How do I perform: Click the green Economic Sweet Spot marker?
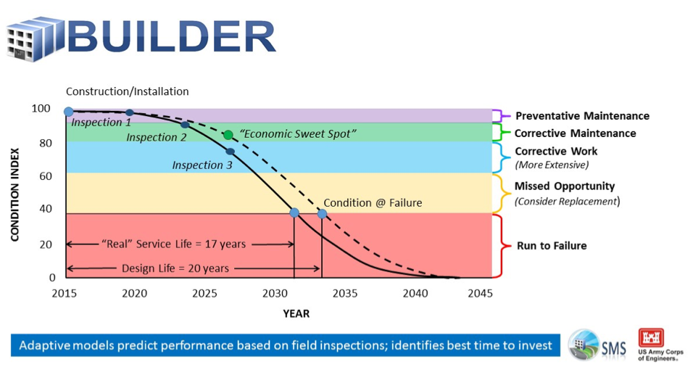[228, 135]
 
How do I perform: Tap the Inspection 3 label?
[202, 165]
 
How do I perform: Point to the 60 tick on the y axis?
[46, 176]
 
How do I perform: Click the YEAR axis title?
[296, 313]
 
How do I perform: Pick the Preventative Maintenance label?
[581, 116]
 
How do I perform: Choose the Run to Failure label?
[551, 246]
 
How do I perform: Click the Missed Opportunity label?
[564, 186]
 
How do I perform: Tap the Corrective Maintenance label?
[575, 133]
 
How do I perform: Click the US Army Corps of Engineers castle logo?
[650, 338]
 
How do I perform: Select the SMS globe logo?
[584, 344]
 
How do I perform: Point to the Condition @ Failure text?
[372, 203]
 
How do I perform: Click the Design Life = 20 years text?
[175, 268]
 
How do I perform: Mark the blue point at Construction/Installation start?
[68, 112]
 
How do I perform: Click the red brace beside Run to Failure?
[500, 246]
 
